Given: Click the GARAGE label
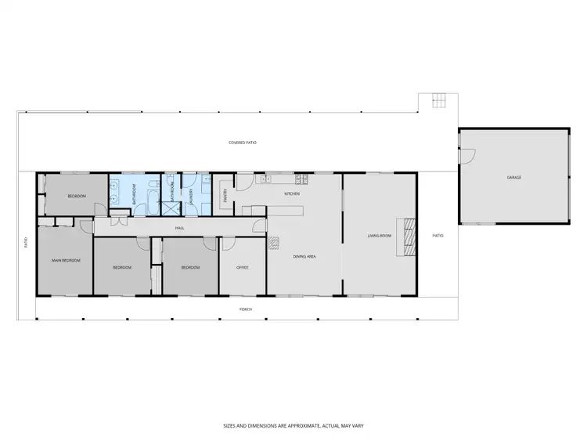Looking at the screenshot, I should (513, 178).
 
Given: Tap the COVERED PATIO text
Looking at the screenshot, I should (243, 143).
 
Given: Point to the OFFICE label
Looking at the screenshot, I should (243, 268).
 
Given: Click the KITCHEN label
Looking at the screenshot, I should (292, 193).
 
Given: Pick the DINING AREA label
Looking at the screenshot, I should (304, 256).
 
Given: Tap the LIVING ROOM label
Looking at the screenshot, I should (380, 235).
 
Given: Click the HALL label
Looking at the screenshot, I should (179, 228).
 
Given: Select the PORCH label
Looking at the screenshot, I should (246, 309).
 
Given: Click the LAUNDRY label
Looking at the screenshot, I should (190, 193).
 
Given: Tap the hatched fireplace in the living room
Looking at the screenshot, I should (408, 235).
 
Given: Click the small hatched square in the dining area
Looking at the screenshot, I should (273, 243).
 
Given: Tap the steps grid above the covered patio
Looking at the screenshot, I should (436, 101).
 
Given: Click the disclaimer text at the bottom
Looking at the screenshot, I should (293, 425).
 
